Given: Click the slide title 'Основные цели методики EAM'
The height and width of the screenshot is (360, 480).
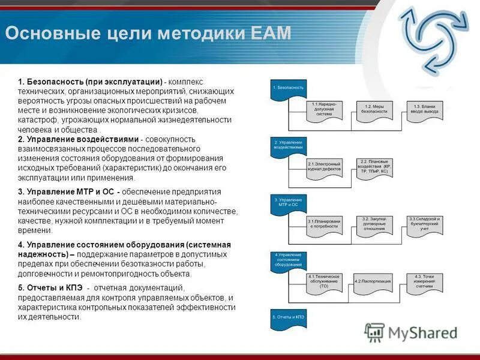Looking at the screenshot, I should coord(148,32).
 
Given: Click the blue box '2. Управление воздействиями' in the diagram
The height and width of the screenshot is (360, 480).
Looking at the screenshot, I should coord(289,146).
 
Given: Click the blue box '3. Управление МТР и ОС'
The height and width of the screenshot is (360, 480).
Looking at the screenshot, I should coord(289,203).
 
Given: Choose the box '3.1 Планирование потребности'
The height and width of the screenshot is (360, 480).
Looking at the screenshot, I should coord(325,224).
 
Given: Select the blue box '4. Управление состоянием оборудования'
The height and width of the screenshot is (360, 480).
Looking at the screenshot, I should coord(289,260).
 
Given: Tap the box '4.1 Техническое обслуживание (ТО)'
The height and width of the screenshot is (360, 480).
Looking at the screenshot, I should coord(325,282).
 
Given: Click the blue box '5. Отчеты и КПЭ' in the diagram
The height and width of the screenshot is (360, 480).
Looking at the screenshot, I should coord(289,318).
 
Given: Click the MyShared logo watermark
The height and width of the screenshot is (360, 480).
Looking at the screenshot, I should coord(410,332).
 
